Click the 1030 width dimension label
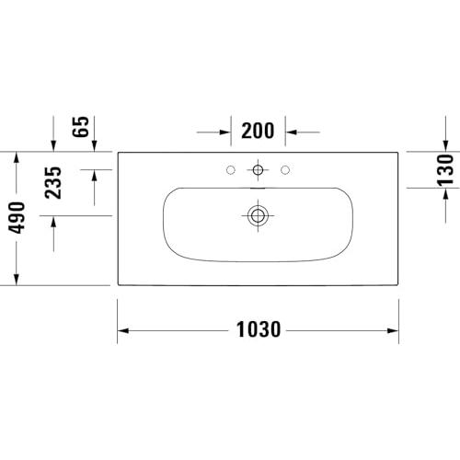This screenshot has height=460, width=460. click(259, 329)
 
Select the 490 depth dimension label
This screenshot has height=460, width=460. click(17, 217)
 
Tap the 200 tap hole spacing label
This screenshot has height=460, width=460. click(258, 131)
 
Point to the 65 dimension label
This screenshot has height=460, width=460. click(80, 127)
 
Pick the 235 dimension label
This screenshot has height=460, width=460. click(53, 183)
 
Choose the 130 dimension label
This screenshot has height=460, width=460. click(445, 170)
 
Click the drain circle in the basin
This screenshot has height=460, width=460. click(258, 215)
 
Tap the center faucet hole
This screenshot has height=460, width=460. click(258, 169)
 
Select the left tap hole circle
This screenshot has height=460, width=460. click(231, 169)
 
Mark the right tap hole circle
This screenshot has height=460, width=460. click(285, 169)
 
